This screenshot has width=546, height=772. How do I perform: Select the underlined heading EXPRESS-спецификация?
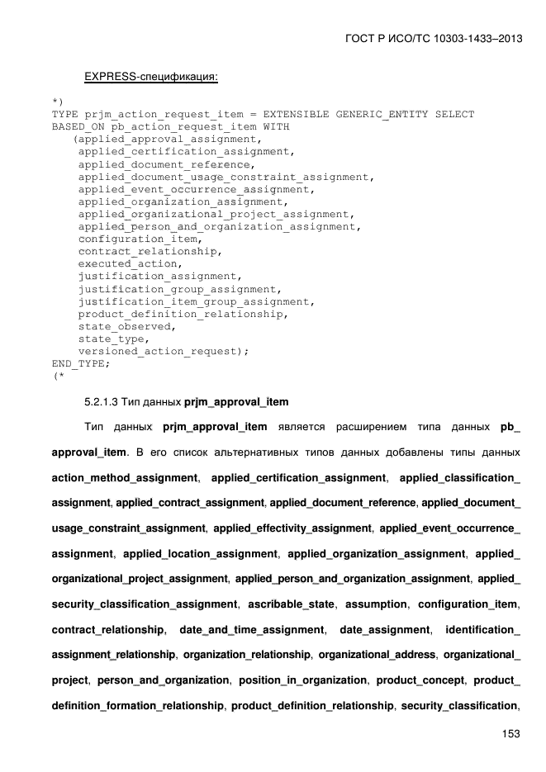click(150, 77)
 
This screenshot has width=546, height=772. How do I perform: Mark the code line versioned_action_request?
click(163, 351)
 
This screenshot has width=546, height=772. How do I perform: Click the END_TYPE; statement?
click(80, 363)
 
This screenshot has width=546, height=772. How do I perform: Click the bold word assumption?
click(377, 604)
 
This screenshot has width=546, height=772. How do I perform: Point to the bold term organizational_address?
click(377, 655)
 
